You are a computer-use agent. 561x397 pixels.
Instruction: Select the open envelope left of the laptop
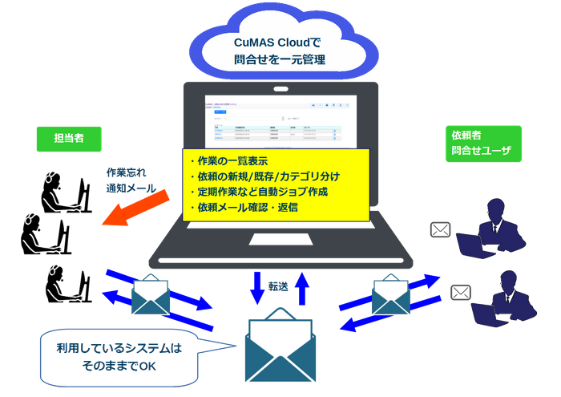click(x=154, y=294)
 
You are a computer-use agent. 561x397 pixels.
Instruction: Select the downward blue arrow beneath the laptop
click(x=258, y=288)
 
